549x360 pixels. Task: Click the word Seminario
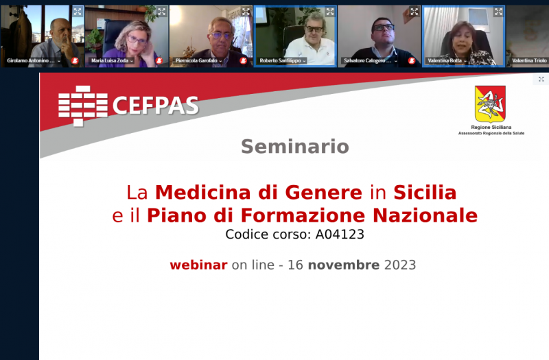pos(295,146)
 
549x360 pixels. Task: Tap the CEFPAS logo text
pos(156,105)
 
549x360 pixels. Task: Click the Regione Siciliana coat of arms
pos(490,104)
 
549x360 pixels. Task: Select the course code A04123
pos(340,234)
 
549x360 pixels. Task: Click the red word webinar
pos(198,265)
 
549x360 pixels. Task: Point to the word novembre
pos(344,265)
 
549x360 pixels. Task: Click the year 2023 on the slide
pos(400,265)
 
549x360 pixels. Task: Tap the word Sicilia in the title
pos(425,193)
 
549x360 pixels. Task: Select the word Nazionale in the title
pos(425,215)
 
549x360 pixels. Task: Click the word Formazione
pos(303,215)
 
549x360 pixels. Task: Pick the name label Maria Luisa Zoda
pos(110,60)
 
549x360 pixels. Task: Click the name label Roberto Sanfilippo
pos(280,60)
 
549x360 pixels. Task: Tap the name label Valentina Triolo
pos(529,60)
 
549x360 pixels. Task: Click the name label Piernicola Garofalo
pos(196,60)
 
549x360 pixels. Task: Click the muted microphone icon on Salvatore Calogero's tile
pos(412,61)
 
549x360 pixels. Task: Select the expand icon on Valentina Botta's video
pos(498,12)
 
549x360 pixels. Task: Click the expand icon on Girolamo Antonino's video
pos(78,12)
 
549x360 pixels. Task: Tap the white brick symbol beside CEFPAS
pos(83,106)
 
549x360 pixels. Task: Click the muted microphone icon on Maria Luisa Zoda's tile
pos(159,61)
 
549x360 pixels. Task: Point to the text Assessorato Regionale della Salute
pos(491,133)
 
